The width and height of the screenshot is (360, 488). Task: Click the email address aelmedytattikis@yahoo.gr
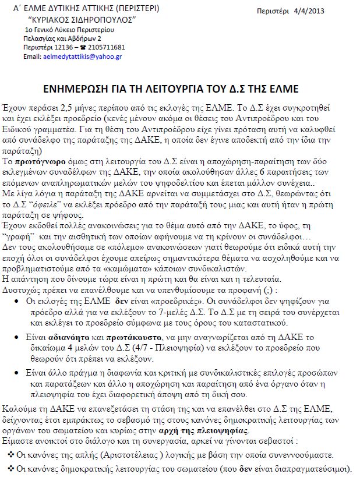coord(82,56)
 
